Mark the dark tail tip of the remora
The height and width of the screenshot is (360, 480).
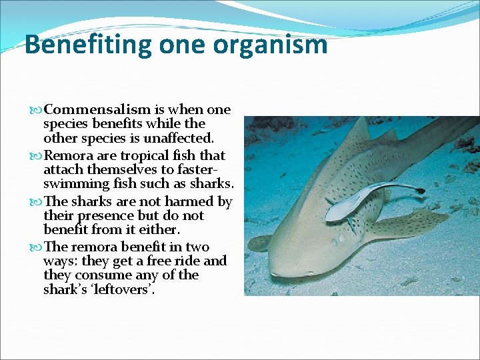pyautogui.click(x=418, y=191)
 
